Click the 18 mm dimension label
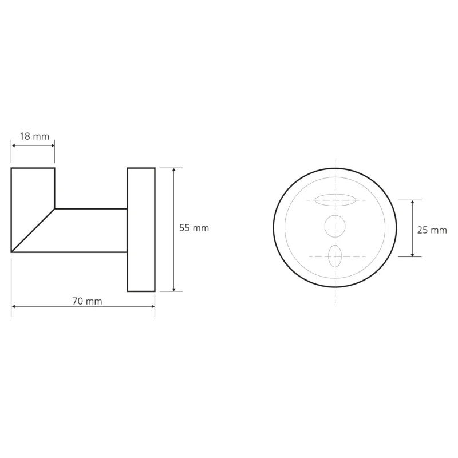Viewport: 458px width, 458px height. click(34, 136)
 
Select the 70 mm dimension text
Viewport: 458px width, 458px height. click(88, 301)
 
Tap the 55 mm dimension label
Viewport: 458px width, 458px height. click(194, 228)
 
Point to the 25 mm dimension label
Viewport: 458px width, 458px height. click(432, 230)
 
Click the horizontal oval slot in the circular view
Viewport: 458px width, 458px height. click(335, 200)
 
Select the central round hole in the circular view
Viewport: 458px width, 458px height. click(335, 226)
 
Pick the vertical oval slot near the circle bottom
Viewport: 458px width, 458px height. click(335, 256)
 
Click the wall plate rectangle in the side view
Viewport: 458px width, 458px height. click(141, 230)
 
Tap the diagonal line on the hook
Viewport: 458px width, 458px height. click(33, 231)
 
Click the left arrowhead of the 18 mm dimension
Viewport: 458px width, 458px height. click(13, 145)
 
